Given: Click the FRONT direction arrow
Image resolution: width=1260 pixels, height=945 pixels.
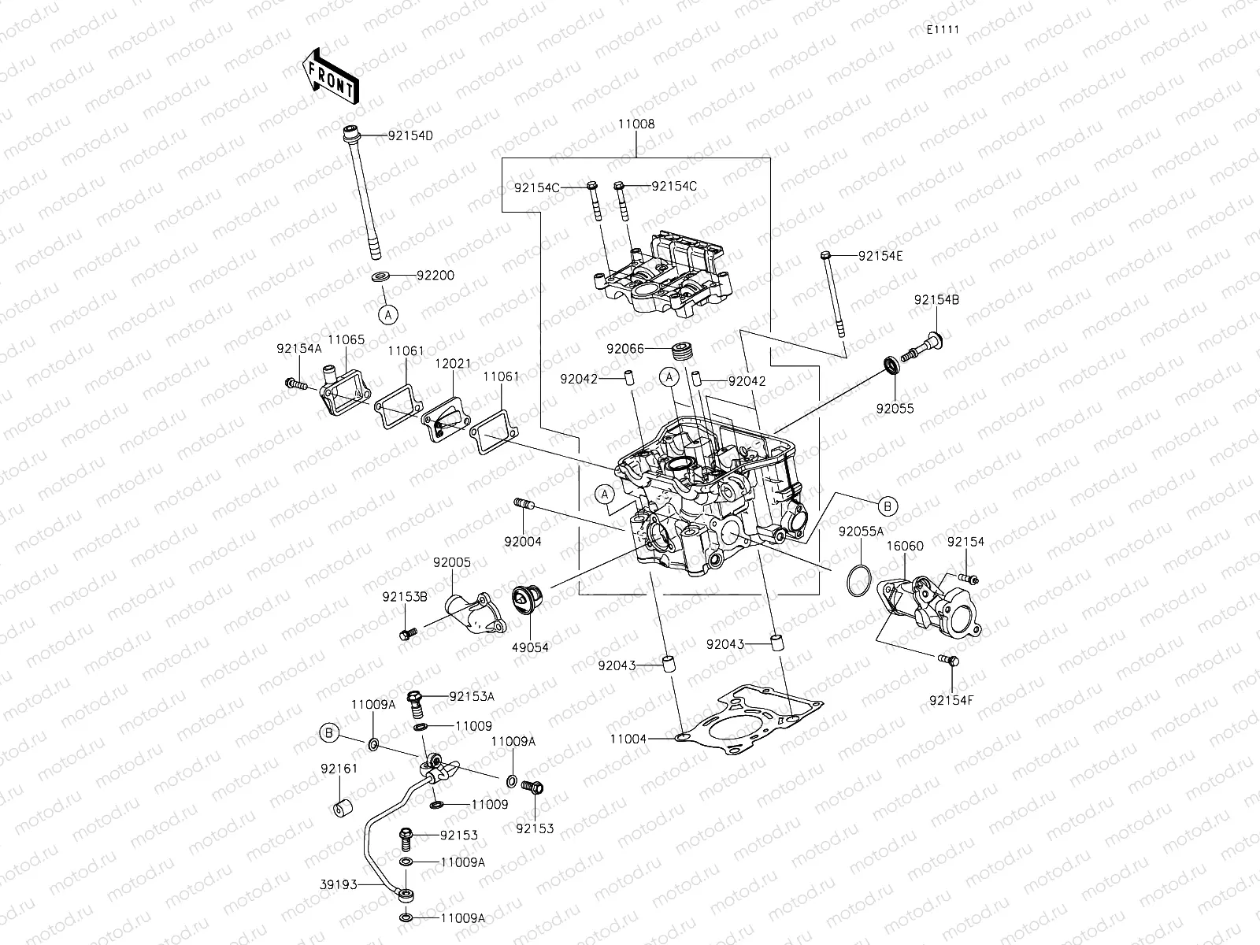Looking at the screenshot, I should click(x=330, y=76).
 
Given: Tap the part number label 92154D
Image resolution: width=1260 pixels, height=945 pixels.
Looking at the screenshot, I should click(x=409, y=135).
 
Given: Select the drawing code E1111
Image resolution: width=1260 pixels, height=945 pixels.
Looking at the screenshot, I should click(x=943, y=30).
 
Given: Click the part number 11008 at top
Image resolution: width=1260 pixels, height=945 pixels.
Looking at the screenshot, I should click(x=636, y=124).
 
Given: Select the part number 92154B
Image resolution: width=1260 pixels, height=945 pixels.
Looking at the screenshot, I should click(x=936, y=300).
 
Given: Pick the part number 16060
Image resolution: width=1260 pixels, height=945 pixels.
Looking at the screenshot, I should click(x=905, y=546).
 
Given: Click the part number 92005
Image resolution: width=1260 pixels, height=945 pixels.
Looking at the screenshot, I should click(x=451, y=562).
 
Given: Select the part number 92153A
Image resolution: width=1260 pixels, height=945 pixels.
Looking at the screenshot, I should click(x=472, y=696).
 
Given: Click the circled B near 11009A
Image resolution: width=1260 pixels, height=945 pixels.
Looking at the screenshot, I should click(x=330, y=733).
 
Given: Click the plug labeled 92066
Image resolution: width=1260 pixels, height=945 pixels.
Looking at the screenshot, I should click(x=682, y=349).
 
